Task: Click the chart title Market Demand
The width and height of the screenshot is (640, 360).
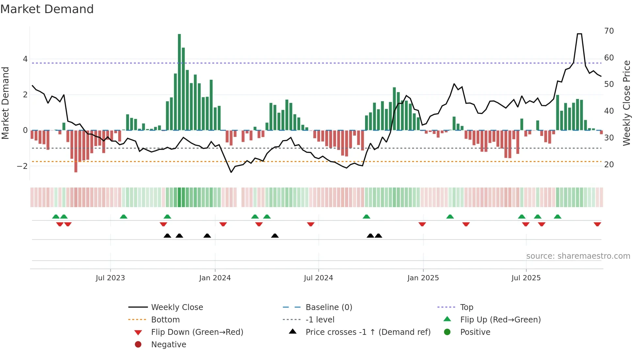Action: pos(47,9)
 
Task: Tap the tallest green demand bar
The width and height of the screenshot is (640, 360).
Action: pos(179,82)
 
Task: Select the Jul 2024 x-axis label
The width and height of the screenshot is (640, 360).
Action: pos(318,278)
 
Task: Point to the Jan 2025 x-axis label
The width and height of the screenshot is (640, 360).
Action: pos(423,278)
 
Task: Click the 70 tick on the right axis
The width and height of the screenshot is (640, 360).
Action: pos(609,31)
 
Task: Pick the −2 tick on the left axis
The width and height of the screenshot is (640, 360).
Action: pos(22,166)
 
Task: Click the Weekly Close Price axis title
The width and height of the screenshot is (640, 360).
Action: pos(626,103)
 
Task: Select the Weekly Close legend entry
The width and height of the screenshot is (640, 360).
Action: pos(177,307)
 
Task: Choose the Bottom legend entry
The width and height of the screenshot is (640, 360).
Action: pos(165,320)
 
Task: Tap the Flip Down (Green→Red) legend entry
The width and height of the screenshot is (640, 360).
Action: pos(197,332)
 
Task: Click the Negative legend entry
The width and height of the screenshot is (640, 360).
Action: pos(168,345)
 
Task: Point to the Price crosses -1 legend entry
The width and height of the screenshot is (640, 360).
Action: pos(368,332)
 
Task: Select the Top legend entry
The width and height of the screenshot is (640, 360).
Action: pos(466,307)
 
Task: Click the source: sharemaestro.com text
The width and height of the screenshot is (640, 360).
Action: pos(578,256)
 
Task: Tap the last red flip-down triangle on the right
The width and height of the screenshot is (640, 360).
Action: pos(597,224)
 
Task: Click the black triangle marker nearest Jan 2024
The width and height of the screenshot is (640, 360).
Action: pos(207,236)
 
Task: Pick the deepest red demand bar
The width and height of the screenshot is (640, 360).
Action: pos(76,151)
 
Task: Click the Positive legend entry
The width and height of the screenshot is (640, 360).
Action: pos(475,332)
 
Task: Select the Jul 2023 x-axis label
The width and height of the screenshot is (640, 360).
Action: pos(110,278)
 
